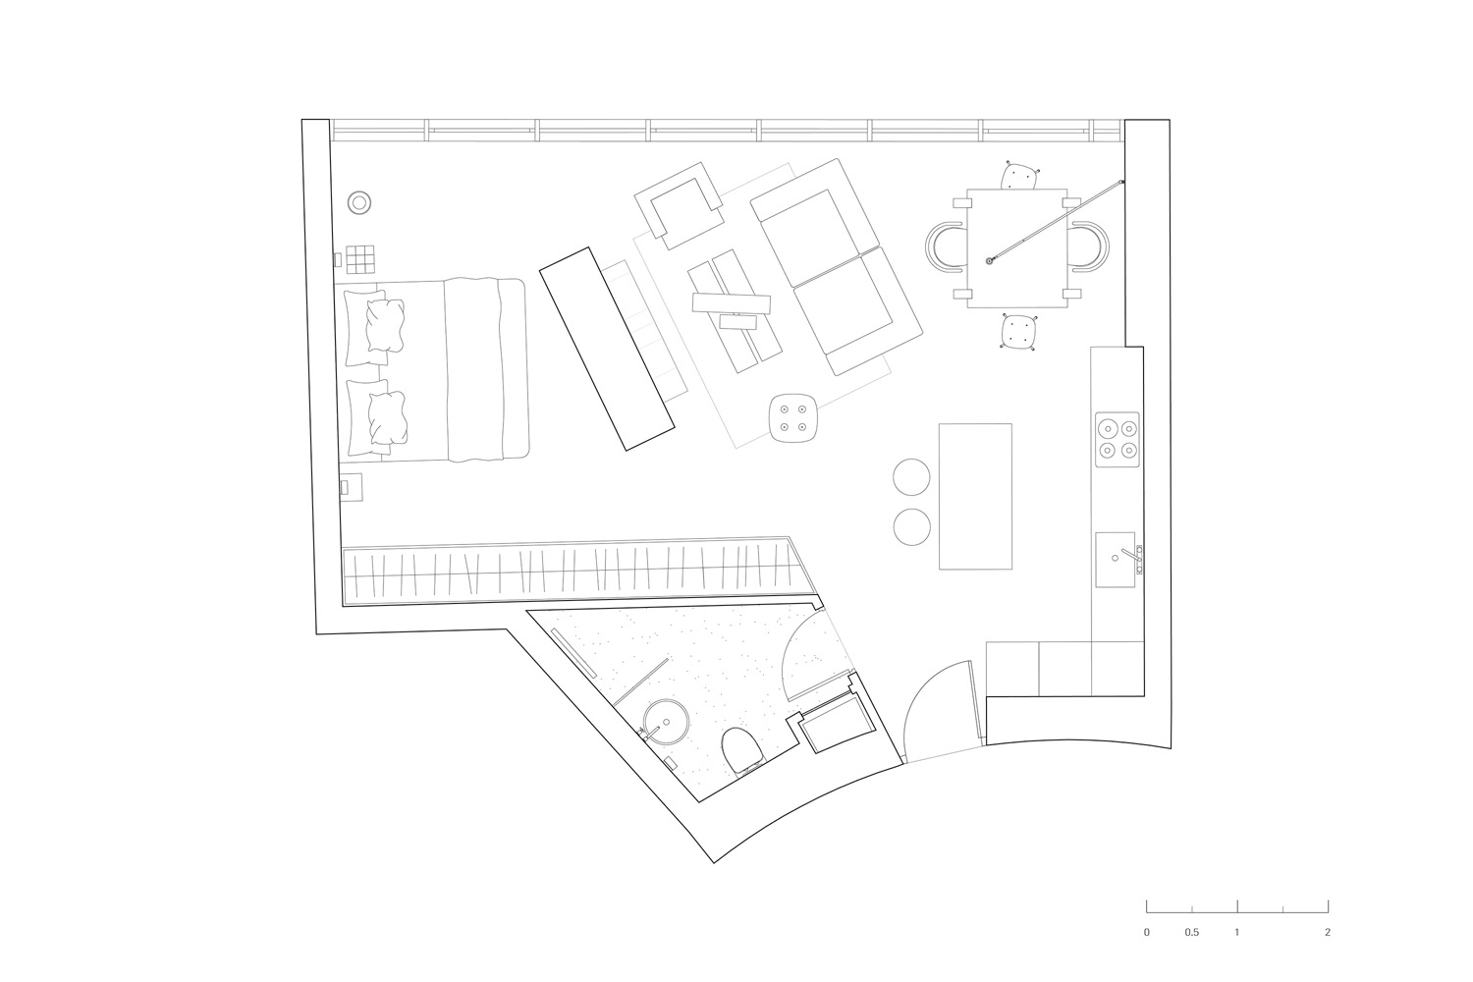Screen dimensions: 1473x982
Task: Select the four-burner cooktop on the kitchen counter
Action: pos(1118,439)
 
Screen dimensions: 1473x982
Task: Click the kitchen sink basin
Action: pos(1116,560)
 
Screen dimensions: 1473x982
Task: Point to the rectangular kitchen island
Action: pos(975,496)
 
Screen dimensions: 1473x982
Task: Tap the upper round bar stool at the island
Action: pos(911,477)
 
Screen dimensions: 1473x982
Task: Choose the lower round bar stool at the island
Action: pos(912,527)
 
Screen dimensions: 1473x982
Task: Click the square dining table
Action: pos(1016,248)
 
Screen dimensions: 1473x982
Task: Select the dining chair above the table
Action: pos(1019,176)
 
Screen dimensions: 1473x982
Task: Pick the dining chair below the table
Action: pos(1018,331)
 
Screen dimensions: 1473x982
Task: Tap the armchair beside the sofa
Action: pos(680,204)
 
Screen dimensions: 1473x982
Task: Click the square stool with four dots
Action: pos(792,417)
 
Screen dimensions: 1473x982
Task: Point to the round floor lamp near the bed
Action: pos(359,202)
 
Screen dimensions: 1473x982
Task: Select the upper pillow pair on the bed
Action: pos(374,327)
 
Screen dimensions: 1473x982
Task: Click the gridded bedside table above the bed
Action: pos(360,259)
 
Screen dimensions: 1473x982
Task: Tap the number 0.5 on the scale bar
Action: pos(1191,933)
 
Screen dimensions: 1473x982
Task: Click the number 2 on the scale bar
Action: pos(1328,933)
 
